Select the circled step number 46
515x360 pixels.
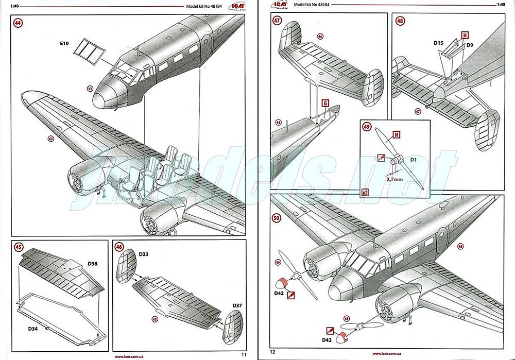119,247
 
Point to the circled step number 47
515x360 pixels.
278,21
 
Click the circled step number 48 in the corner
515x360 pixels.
400,21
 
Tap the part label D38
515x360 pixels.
93,264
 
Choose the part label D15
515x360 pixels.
439,43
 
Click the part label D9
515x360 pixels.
470,45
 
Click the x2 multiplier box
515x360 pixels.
365,192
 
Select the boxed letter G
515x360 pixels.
325,103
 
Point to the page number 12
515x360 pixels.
273,353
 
